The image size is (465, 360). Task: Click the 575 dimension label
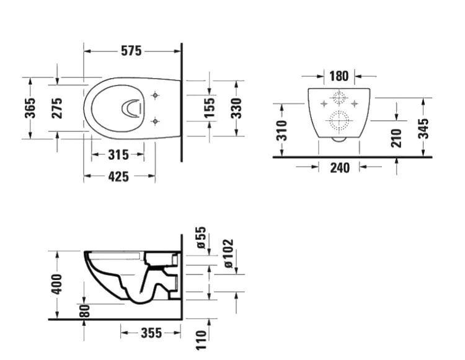tap(131, 51)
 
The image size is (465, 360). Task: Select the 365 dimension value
tap(30, 108)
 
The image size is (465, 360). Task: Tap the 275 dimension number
tap(57, 108)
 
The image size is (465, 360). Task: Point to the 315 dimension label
tap(118, 155)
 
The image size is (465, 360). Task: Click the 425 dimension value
tap(118, 177)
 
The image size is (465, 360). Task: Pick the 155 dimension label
tap(210, 108)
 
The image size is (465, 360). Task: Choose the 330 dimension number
tap(236, 108)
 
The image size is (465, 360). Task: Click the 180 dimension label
tap(339, 76)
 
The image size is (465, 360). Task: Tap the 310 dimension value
tap(281, 130)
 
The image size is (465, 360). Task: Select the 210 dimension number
tap(396, 138)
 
